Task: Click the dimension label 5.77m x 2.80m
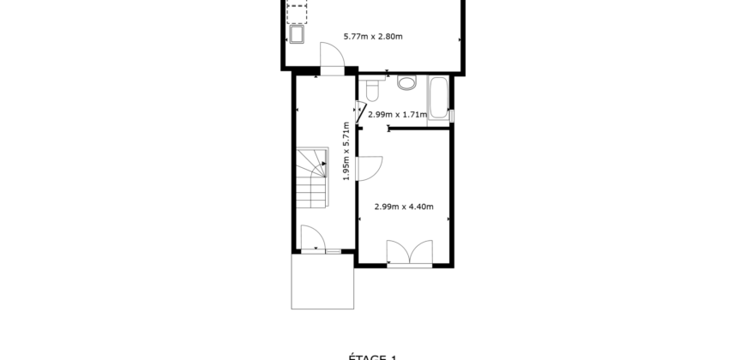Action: (373, 36)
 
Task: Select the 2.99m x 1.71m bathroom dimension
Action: (397, 114)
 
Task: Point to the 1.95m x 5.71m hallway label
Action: (346, 150)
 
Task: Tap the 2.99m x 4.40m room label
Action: (404, 207)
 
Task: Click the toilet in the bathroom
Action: (373, 89)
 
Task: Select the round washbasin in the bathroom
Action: (407, 82)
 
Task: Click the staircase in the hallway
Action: (313, 177)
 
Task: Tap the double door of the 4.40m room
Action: (410, 253)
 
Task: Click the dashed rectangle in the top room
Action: (298, 12)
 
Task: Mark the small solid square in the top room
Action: (298, 35)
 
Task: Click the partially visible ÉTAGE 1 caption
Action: (373, 356)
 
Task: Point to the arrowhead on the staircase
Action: (323, 163)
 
